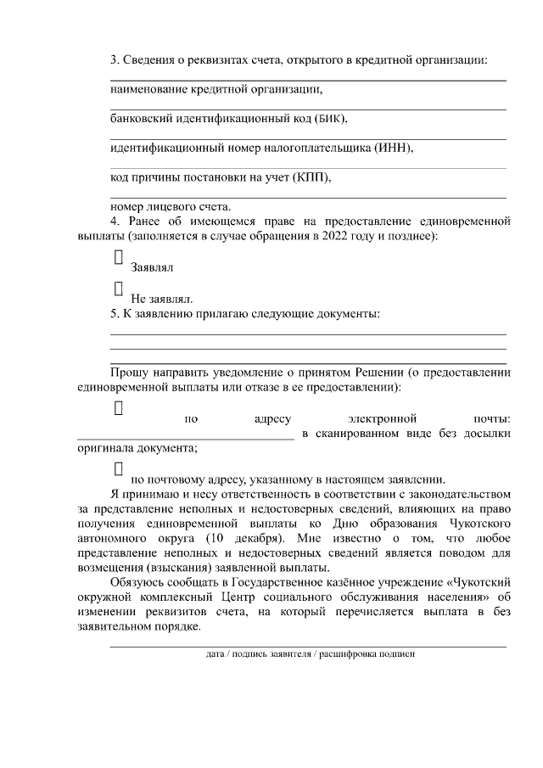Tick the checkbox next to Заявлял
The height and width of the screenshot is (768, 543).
[119, 257]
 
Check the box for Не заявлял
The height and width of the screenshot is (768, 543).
[119, 289]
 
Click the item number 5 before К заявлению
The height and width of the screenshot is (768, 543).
[115, 314]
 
